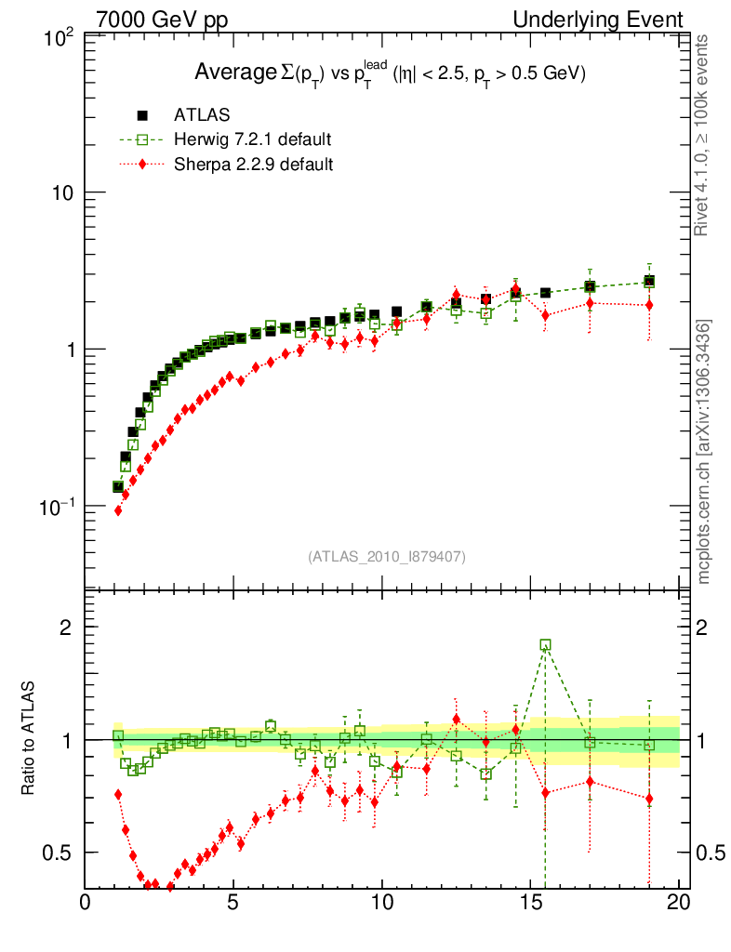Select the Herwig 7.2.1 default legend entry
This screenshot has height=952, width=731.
click(251, 139)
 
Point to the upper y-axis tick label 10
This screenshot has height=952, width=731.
click(63, 192)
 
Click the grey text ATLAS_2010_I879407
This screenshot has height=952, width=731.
click(386, 556)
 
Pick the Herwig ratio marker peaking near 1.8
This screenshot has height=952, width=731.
click(545, 644)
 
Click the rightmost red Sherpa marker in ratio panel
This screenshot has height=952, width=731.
click(649, 799)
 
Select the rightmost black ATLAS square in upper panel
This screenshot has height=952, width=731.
click(649, 282)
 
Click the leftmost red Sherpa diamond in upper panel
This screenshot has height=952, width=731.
click(118, 509)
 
